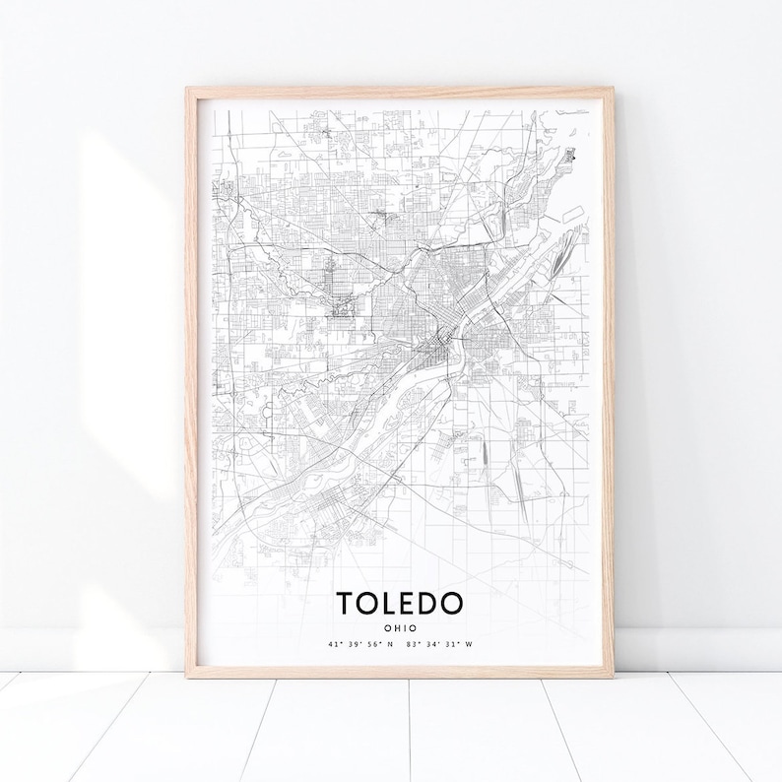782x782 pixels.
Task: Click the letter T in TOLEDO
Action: click(x=346, y=603)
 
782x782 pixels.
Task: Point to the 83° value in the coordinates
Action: click(x=411, y=645)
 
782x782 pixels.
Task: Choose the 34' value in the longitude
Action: click(x=429, y=645)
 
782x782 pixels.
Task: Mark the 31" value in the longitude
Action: click(x=447, y=645)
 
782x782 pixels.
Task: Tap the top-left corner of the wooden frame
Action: click(x=186, y=89)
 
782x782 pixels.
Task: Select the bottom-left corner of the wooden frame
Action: click(x=188, y=677)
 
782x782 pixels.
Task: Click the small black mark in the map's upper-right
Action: click(x=573, y=154)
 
